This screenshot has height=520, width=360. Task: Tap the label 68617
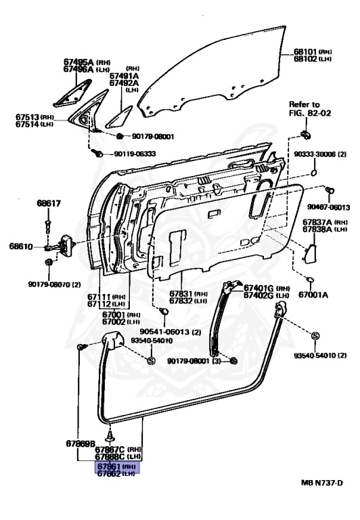coord(49,203)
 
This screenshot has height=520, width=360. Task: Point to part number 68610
coord(21,246)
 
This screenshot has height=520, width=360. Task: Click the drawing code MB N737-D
coord(322,502)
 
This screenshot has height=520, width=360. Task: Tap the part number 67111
coord(116,297)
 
